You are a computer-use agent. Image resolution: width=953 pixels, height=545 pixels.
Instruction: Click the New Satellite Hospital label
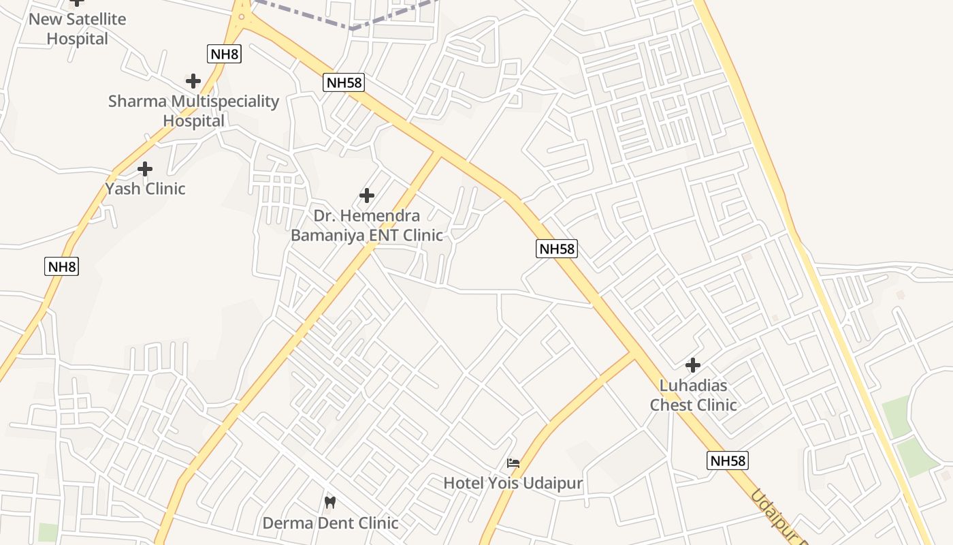coord(77,29)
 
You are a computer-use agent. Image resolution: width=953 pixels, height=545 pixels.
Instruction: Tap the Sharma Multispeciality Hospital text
coord(193,110)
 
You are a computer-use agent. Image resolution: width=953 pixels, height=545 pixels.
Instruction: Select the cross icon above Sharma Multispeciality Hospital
coord(193,81)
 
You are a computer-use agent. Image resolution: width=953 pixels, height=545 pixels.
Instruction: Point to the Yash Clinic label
coord(145,188)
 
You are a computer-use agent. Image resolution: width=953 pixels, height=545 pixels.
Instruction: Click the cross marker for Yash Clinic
coord(145,168)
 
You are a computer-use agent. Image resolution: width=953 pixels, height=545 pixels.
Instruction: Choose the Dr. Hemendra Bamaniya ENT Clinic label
coord(366,225)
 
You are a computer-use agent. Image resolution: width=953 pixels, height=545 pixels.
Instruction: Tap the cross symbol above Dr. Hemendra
coord(367,196)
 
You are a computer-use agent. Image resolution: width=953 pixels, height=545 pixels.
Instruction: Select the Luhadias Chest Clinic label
coord(693,395)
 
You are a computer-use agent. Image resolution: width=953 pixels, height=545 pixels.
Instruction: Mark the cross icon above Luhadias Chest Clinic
coord(693,365)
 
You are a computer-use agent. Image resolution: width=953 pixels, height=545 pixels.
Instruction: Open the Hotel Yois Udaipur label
coord(513,484)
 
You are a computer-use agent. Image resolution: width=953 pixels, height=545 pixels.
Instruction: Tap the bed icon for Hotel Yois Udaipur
coord(513,463)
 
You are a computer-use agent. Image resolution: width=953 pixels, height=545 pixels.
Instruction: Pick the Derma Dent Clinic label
coord(330,523)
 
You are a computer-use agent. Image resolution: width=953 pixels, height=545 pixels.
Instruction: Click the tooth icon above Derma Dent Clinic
coord(330,503)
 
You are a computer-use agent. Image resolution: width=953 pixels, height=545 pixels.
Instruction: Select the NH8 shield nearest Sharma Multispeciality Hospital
coord(224,54)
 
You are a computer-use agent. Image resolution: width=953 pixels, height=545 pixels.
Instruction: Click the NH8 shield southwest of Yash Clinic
coord(62,266)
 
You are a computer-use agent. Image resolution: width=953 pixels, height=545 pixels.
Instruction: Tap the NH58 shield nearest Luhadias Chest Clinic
coord(728,461)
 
